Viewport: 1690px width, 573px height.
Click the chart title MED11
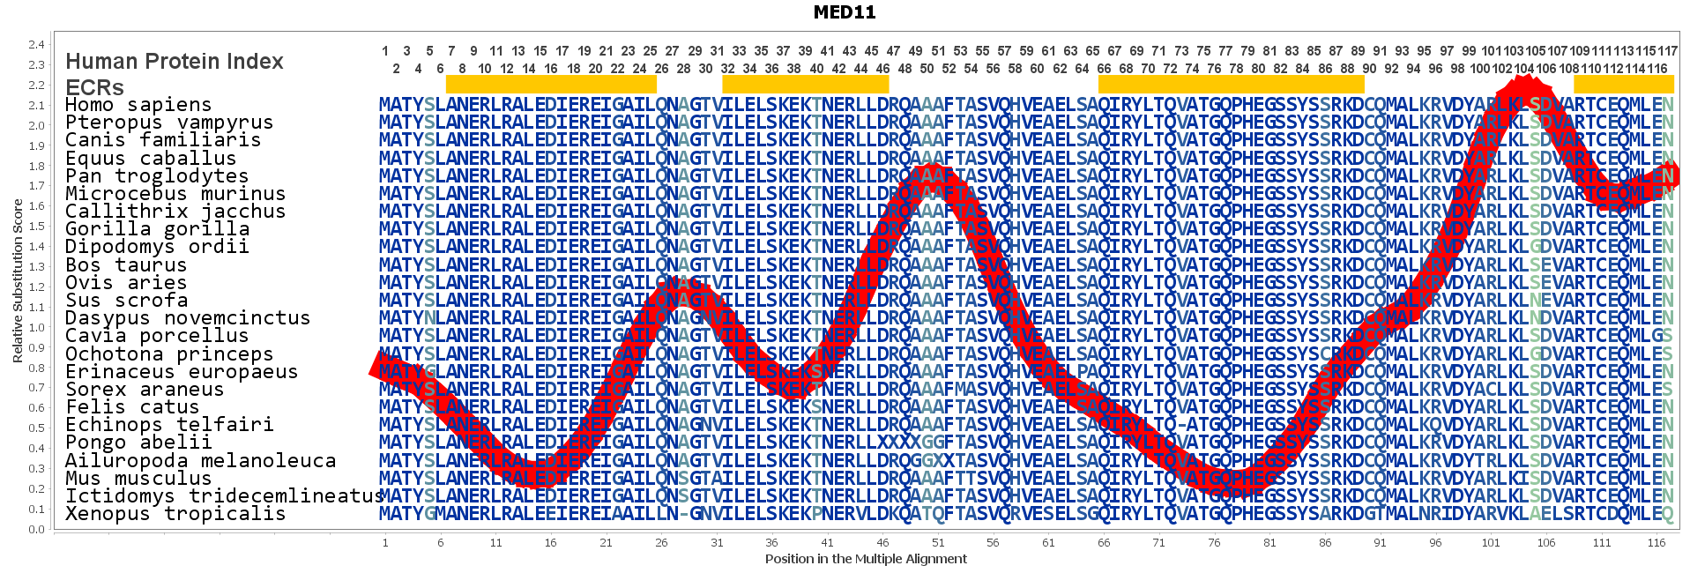(x=844, y=12)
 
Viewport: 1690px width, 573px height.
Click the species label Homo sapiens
(x=138, y=105)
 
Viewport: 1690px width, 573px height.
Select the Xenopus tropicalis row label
(x=175, y=514)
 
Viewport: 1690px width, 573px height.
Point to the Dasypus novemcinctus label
(x=188, y=318)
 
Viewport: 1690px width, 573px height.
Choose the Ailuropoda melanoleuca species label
(x=200, y=461)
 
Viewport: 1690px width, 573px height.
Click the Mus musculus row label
(x=138, y=479)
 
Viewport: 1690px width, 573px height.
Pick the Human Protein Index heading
(x=175, y=62)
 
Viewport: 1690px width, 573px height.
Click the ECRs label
(x=95, y=87)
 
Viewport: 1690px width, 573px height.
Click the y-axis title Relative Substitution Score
(x=18, y=280)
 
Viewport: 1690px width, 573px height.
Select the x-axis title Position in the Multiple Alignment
(x=866, y=559)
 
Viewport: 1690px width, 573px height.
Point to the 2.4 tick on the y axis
(x=36, y=45)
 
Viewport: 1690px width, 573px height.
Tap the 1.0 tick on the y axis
(x=36, y=327)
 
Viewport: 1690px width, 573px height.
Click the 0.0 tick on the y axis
(x=36, y=530)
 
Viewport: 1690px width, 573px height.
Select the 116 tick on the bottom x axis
(x=1656, y=543)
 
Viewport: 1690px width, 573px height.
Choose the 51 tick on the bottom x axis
(x=938, y=543)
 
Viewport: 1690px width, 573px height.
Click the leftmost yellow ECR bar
(x=551, y=85)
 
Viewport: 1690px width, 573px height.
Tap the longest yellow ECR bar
(x=1231, y=85)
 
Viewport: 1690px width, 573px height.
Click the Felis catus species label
(x=132, y=407)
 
